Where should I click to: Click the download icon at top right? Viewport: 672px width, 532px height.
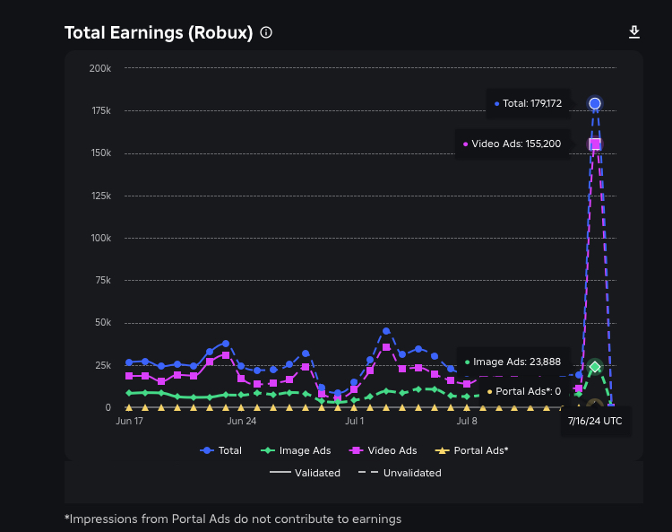pyautogui.click(x=634, y=32)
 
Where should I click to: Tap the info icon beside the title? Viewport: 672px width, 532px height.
pyautogui.click(x=266, y=32)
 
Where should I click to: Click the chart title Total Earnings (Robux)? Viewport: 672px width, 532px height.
pyautogui.click(x=158, y=33)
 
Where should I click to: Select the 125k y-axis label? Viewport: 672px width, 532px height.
pyautogui.click(x=100, y=196)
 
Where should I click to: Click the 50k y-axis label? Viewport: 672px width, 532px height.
pyautogui.click(x=102, y=323)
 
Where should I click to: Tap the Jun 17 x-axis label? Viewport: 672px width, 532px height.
pyautogui.click(x=130, y=419)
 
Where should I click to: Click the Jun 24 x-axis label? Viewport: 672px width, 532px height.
pyautogui.click(x=242, y=419)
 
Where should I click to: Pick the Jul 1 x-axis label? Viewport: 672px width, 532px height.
pyautogui.click(x=355, y=419)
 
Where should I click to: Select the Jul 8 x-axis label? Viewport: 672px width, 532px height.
pyautogui.click(x=467, y=419)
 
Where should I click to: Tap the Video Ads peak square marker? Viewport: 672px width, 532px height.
pyautogui.click(x=594, y=144)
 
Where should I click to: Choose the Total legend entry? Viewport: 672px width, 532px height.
pyautogui.click(x=221, y=450)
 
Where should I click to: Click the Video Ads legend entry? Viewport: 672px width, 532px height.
pyautogui.click(x=386, y=450)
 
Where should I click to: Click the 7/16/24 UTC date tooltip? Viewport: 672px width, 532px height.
pyautogui.click(x=596, y=421)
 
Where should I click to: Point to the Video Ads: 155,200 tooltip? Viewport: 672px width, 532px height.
pyautogui.click(x=512, y=144)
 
